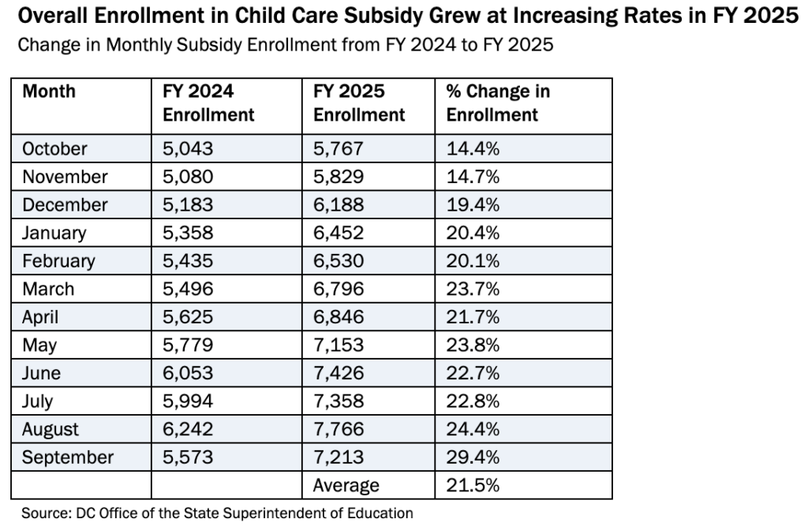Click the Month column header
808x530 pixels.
[49, 91]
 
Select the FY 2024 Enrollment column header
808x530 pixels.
[208, 103]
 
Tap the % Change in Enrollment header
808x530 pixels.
[498, 103]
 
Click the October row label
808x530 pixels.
[54, 148]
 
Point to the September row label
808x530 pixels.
[68, 457]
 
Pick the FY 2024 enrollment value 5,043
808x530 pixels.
[189, 148]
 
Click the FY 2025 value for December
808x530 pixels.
[339, 204]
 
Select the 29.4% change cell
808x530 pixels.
[473, 457]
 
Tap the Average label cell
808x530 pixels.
[346, 485]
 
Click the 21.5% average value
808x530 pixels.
[473, 485]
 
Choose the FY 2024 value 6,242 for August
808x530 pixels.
[189, 429]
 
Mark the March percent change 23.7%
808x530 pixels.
[473, 289]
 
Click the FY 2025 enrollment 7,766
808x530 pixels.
[339, 429]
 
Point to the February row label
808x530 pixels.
[58, 261]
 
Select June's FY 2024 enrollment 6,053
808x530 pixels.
[189, 373]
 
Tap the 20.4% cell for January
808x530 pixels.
[473, 233]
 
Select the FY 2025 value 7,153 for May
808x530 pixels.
[339, 345]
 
